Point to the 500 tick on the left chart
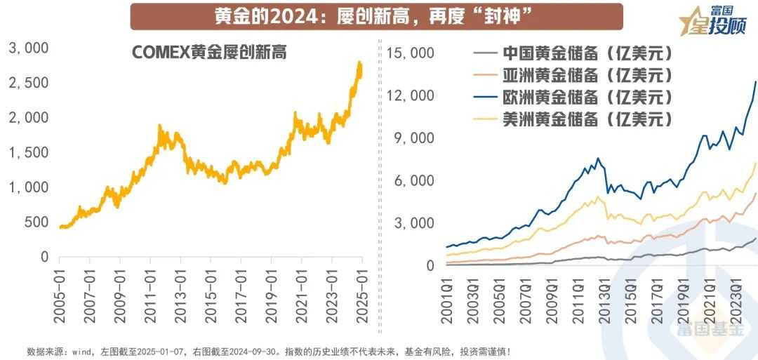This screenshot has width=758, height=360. click(x=35, y=222)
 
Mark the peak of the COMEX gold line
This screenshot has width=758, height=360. click(x=360, y=63)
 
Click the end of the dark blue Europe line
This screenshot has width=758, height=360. click(x=756, y=82)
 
